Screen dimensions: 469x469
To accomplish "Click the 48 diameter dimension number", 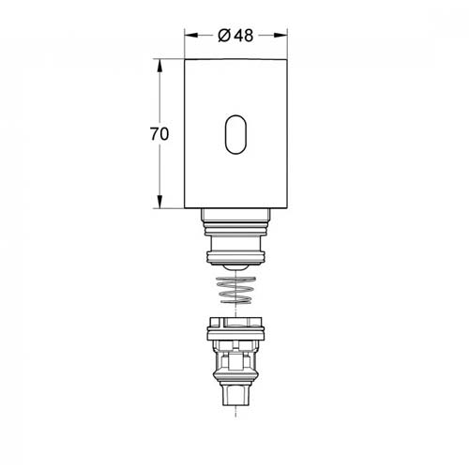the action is (x=244, y=36).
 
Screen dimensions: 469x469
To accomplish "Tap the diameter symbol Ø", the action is (x=224, y=36).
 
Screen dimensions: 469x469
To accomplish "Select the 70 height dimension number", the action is (x=159, y=134).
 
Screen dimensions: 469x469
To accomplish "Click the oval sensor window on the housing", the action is (x=235, y=135).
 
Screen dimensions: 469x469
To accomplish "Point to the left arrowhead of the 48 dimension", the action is (x=191, y=36).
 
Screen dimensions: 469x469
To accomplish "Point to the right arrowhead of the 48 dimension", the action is (x=280, y=36).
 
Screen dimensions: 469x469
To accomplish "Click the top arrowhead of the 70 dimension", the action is (x=159, y=66).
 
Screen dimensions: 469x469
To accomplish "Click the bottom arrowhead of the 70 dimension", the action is (x=159, y=202).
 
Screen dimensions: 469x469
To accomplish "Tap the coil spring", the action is (x=236, y=290).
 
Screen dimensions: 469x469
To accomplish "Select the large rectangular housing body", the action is (x=236, y=134).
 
